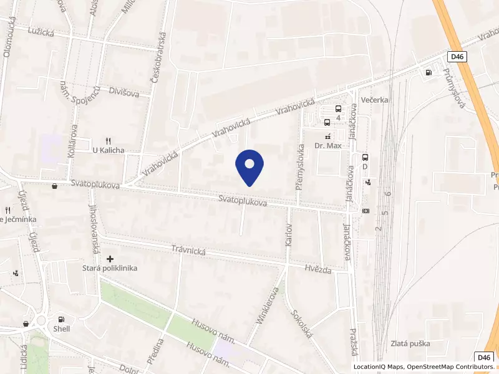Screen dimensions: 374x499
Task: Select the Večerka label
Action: (375, 99)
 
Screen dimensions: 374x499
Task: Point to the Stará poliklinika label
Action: (110, 268)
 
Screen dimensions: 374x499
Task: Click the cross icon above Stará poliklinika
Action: (110, 258)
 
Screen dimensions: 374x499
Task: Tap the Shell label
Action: (62, 328)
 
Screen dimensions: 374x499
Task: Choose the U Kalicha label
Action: (109, 150)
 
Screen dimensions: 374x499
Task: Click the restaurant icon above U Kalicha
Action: (109, 141)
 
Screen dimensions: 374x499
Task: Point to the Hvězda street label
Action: (319, 269)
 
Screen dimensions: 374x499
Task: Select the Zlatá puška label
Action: (410, 343)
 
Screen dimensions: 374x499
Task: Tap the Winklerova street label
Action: (266, 305)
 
